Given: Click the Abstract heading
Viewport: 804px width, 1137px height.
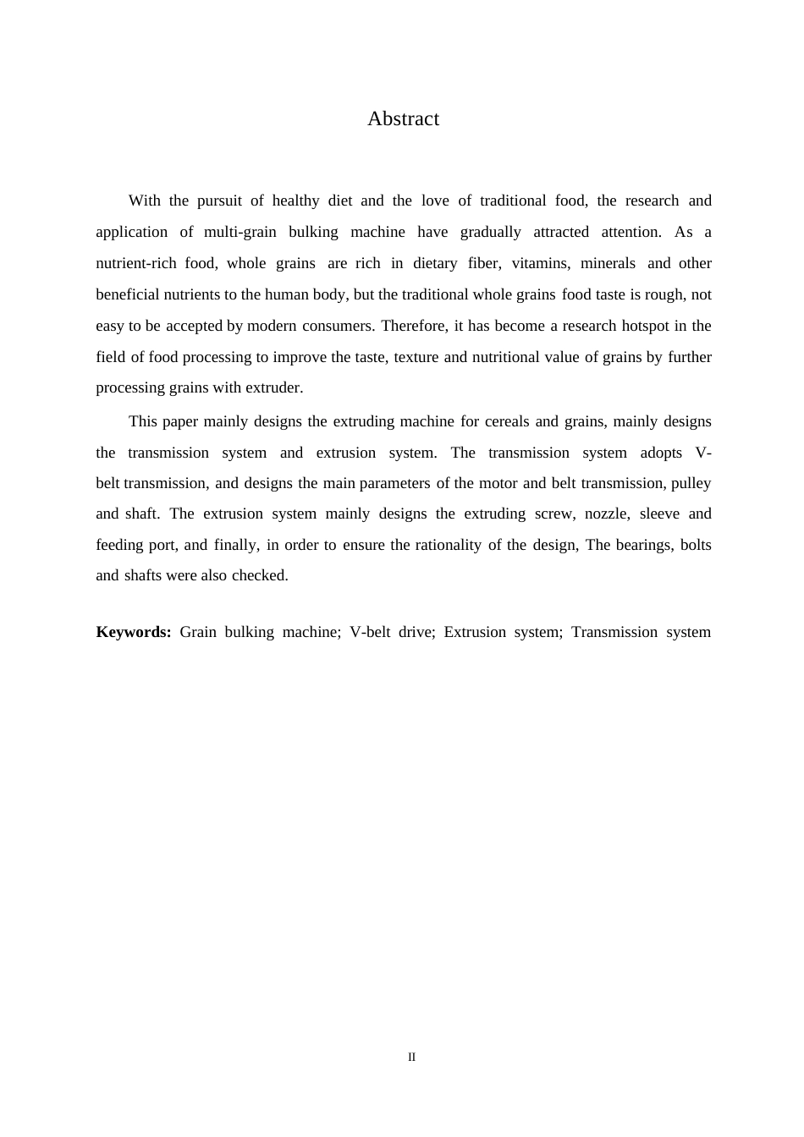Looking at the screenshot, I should (403, 119).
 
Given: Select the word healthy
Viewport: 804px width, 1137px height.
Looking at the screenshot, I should (295, 201).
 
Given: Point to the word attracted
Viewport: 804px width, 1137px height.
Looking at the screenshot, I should (561, 233).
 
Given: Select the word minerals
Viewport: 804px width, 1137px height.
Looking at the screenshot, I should (608, 264).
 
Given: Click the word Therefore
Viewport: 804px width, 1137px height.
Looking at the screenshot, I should (416, 327).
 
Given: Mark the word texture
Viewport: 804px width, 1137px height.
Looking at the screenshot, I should (416, 358).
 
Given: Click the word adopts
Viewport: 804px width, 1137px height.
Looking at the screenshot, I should (661, 453).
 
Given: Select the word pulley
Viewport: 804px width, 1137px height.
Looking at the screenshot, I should (691, 484).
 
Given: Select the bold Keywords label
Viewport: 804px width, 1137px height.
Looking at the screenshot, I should (134, 633).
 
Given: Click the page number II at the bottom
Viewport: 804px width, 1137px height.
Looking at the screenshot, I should (411, 1057).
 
